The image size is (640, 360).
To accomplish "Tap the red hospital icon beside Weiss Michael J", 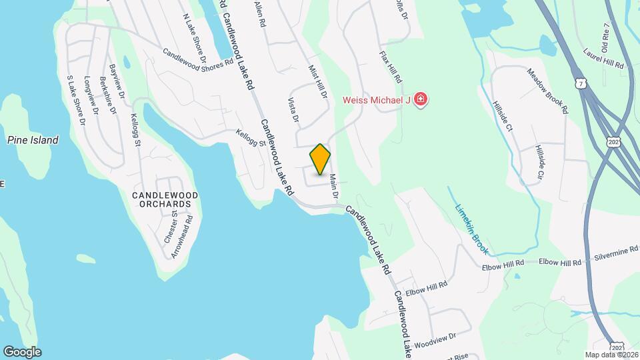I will [x=421, y=101].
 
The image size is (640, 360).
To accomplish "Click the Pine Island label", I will [x=33, y=140].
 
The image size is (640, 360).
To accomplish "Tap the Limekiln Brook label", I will [x=472, y=229].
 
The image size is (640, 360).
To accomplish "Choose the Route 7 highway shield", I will [x=581, y=83].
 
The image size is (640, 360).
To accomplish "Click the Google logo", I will [x=22, y=351].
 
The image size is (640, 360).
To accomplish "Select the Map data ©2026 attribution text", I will [x=611, y=354].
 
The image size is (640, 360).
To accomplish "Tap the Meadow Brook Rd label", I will [x=546, y=89].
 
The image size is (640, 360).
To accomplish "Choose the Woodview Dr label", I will [x=434, y=341].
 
